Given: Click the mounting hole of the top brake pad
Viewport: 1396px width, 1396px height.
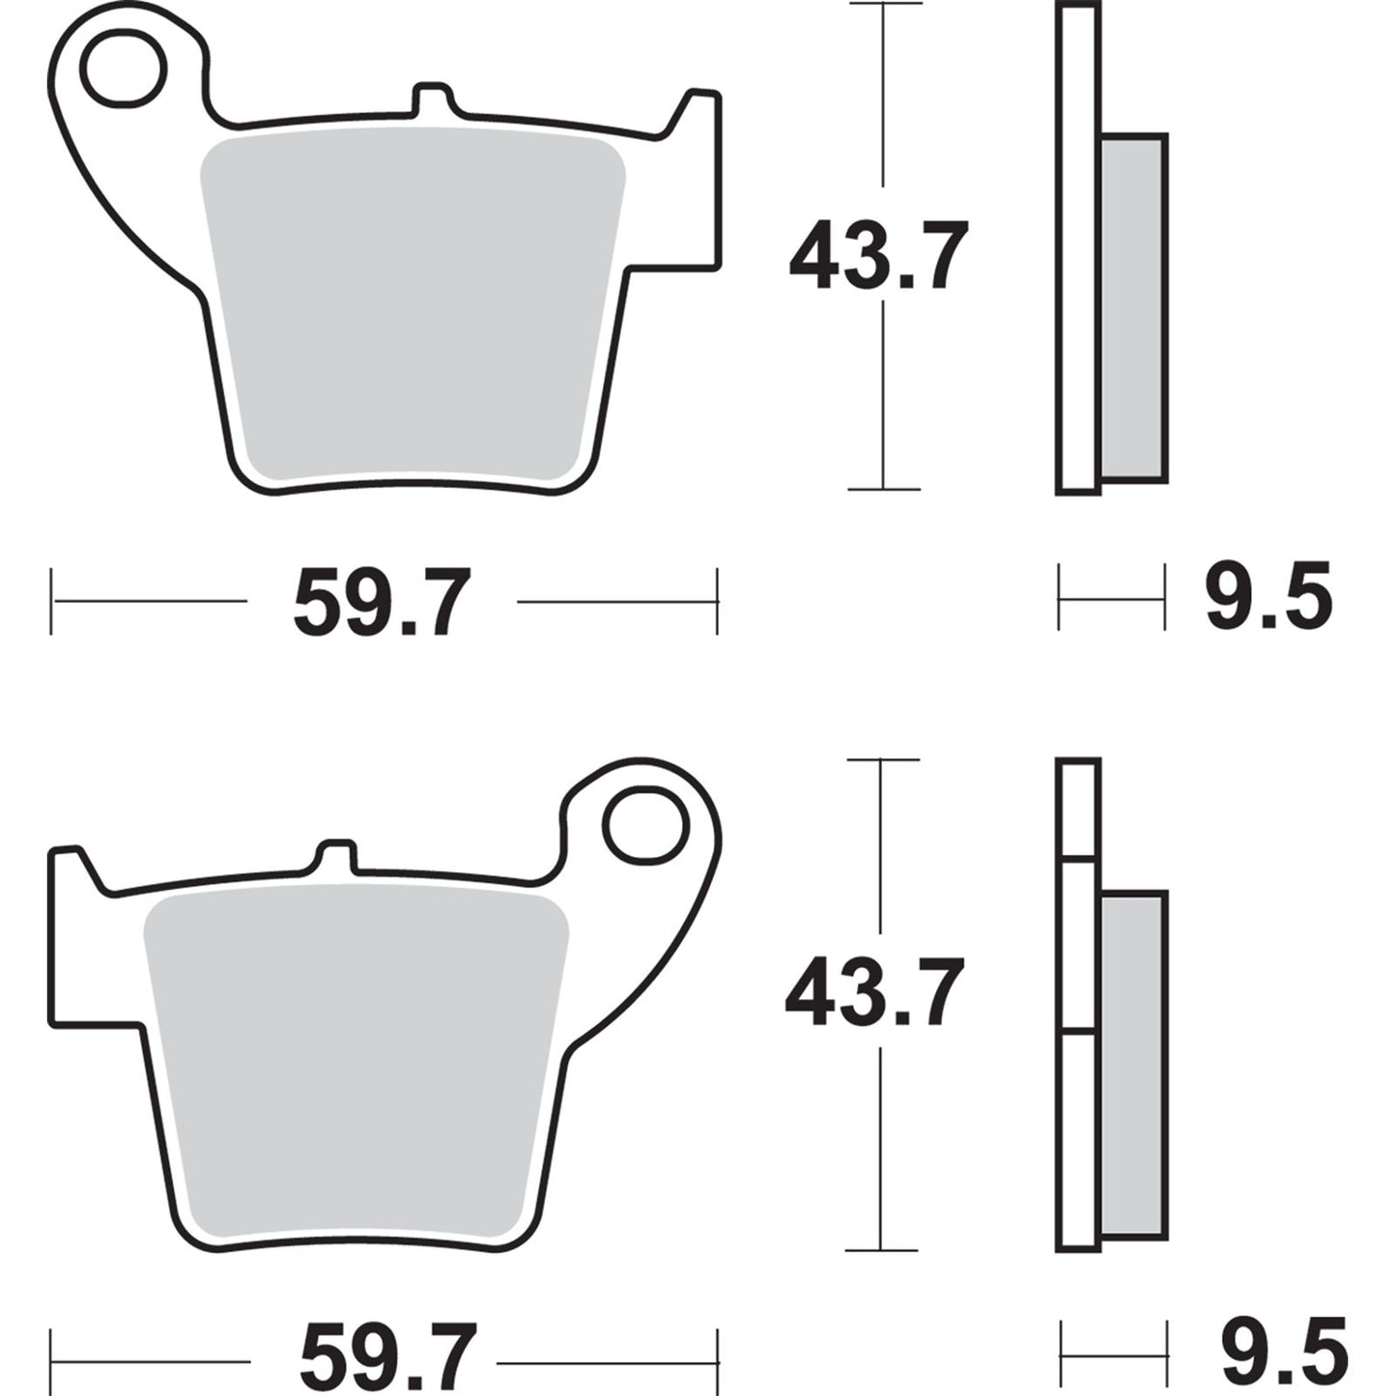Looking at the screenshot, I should pos(124,70).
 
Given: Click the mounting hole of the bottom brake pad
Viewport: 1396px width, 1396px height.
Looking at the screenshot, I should pos(645,826).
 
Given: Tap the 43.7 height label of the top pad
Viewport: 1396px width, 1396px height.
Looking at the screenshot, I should pos(877,257).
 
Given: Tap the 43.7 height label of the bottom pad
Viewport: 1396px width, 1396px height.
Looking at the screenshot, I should pos(874,993).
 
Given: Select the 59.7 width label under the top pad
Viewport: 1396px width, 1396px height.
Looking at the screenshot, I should pos(382,603).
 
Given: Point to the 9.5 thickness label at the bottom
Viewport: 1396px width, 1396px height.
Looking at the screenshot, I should pos(1283,1353).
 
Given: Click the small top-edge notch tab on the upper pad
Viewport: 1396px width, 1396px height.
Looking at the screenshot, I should pos(432,100).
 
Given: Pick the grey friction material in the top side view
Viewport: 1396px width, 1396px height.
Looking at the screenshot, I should pos(1133,307).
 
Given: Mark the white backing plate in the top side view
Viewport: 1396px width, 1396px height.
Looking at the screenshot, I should pos(1078,251).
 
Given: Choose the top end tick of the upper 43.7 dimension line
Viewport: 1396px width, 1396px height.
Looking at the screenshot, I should pos(883,5).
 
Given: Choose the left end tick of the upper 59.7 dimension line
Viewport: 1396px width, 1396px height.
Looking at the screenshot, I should pos(51,602).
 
